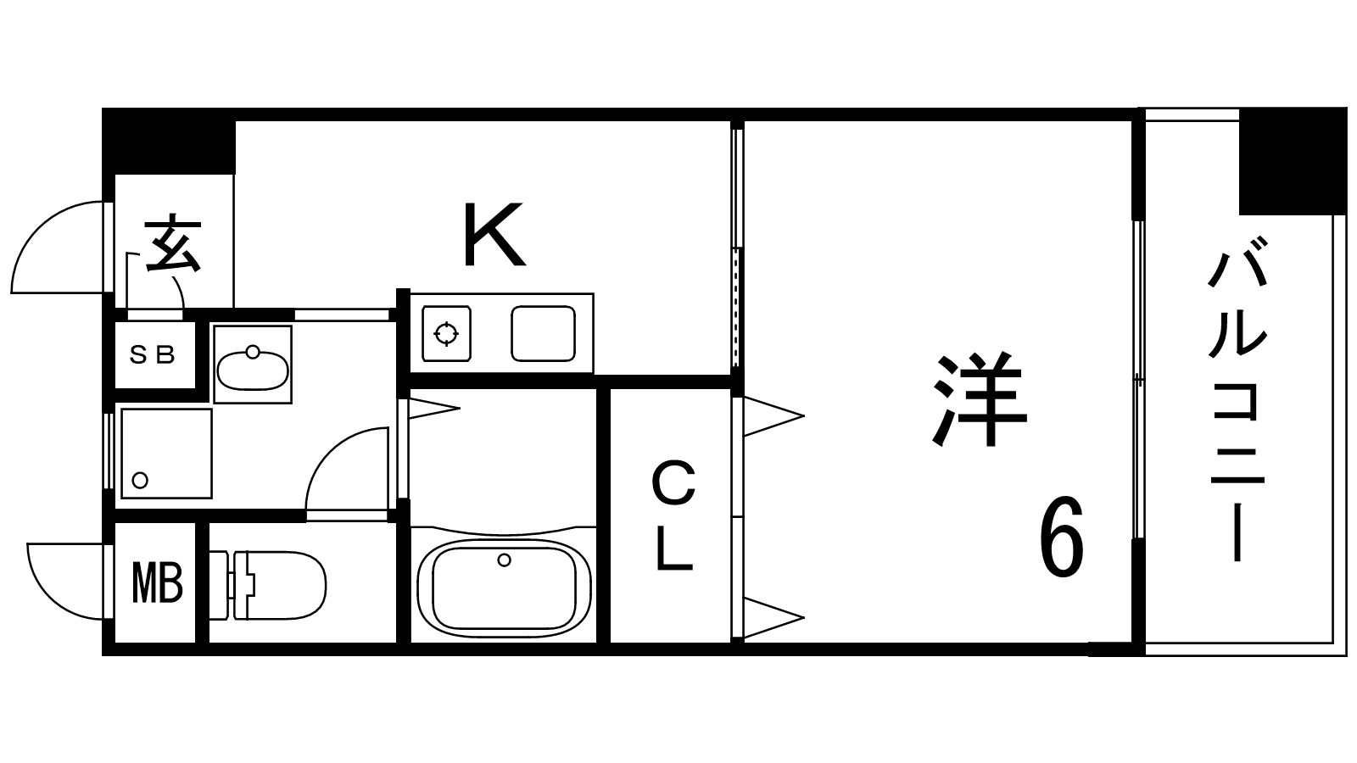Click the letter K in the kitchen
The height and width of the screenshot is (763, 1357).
pos(494,234)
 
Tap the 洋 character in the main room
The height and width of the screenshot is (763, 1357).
pos(979,400)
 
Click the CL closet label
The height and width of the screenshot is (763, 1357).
pos(673,516)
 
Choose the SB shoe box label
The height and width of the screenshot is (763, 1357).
pos(153,355)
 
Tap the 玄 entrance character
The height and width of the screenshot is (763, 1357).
pos(173,245)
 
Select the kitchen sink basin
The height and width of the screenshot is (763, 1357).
pos(543,333)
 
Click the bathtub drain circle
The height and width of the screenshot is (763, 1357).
pos(505,560)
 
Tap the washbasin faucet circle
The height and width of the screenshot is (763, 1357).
pos(252,351)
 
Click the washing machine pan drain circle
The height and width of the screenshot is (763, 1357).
pos(140,481)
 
